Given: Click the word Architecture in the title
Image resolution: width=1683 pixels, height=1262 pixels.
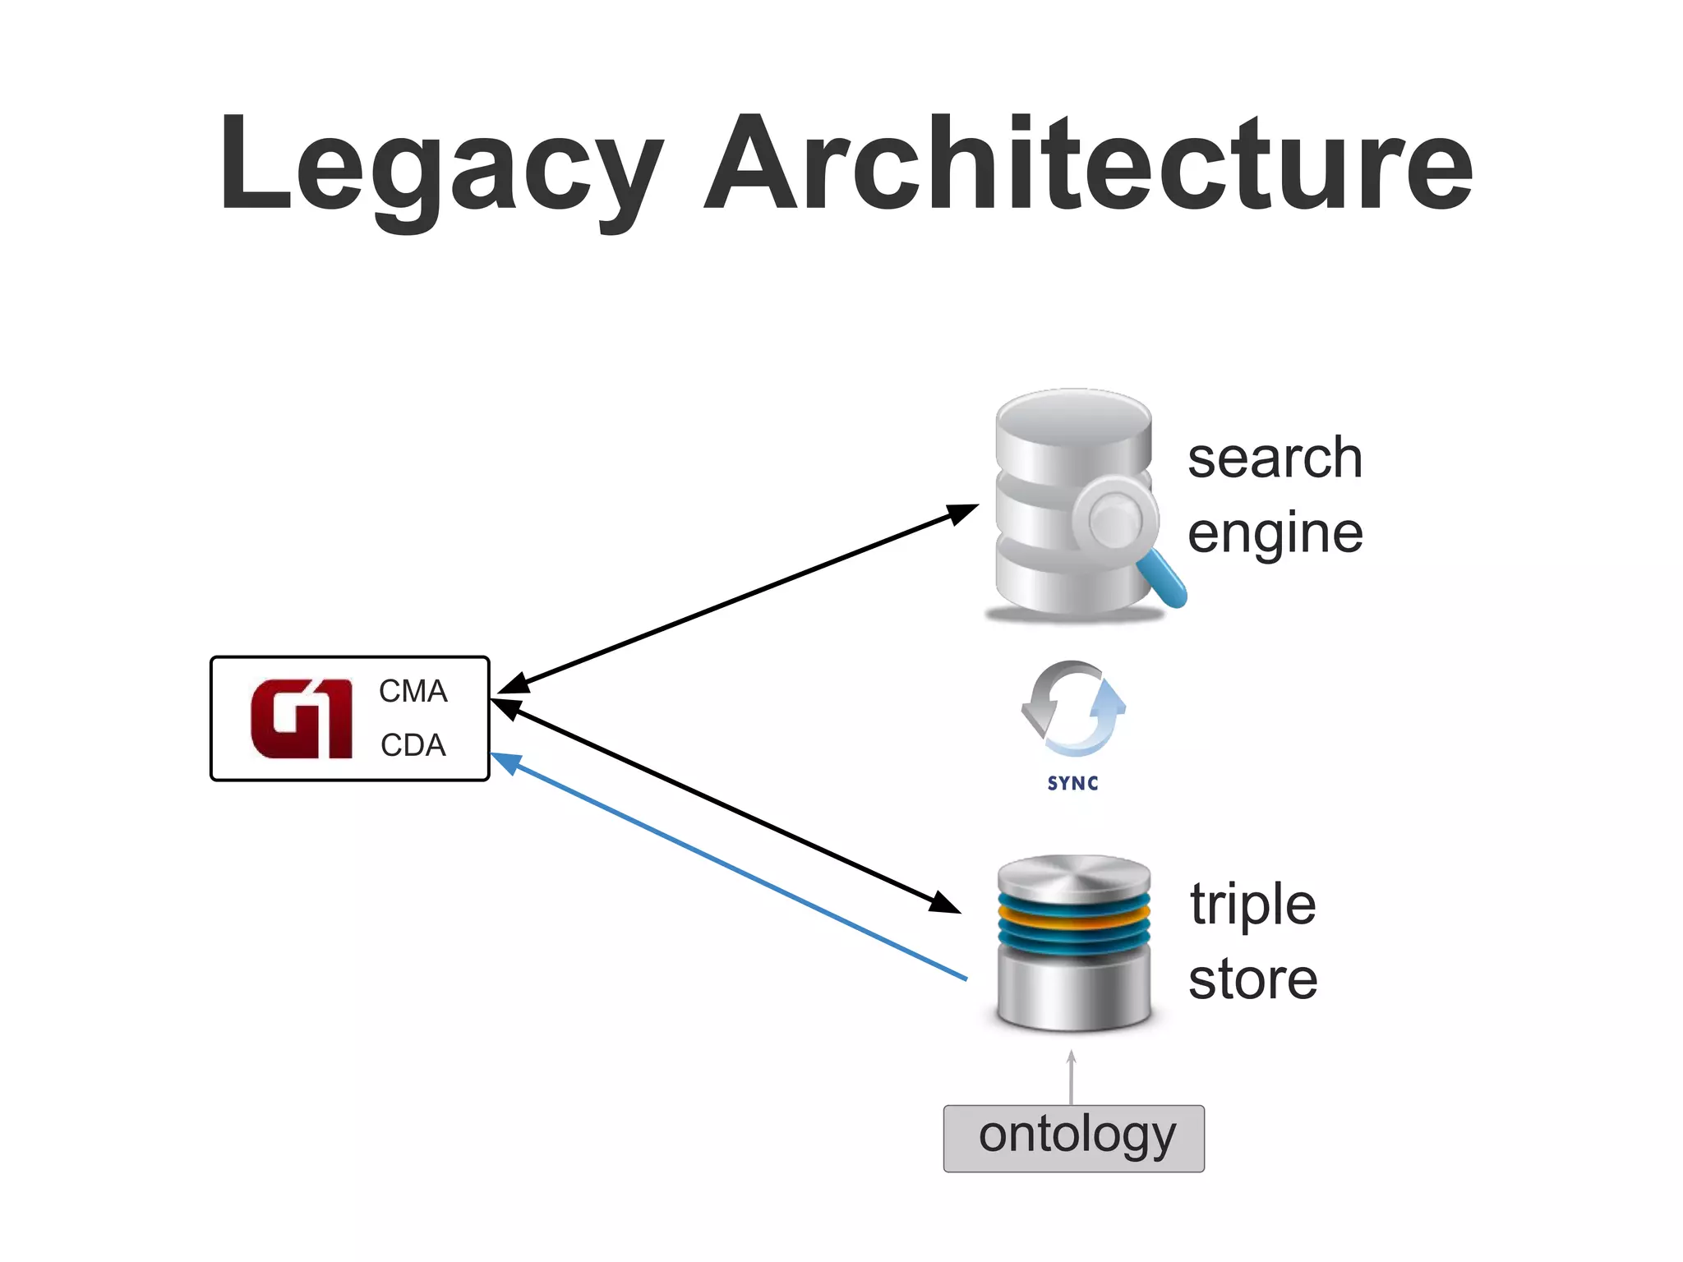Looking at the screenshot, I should pyautogui.click(x=1088, y=164).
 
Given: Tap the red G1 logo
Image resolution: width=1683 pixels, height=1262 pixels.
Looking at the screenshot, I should pyautogui.click(x=301, y=719).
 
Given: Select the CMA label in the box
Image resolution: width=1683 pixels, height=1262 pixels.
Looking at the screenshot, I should pyautogui.click(x=413, y=692).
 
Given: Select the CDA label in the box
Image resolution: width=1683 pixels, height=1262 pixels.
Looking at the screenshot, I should pyautogui.click(x=413, y=745).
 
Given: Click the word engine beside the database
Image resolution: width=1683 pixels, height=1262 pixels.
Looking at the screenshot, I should pyautogui.click(x=1275, y=534).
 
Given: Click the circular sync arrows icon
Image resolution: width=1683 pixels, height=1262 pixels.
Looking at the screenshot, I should pyautogui.click(x=1072, y=708).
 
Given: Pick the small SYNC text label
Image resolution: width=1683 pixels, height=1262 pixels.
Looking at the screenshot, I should pyautogui.click(x=1072, y=784).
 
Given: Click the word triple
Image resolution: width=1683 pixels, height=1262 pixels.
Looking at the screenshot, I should pyautogui.click(x=1253, y=905).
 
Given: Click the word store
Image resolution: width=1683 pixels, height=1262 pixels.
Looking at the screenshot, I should pyautogui.click(x=1253, y=979).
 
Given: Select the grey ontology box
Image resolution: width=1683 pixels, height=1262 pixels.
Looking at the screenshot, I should pyautogui.click(x=1074, y=1139).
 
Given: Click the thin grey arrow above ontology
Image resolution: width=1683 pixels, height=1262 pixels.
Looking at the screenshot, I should pyautogui.click(x=1072, y=1076).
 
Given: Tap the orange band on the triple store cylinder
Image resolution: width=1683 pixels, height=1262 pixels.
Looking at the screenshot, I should pyautogui.click(x=1073, y=922).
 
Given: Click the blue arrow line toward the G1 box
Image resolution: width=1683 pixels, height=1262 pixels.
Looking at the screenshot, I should pyautogui.click(x=731, y=868).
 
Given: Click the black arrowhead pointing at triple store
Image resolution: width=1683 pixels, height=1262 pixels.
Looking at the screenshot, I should pyautogui.click(x=945, y=903).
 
